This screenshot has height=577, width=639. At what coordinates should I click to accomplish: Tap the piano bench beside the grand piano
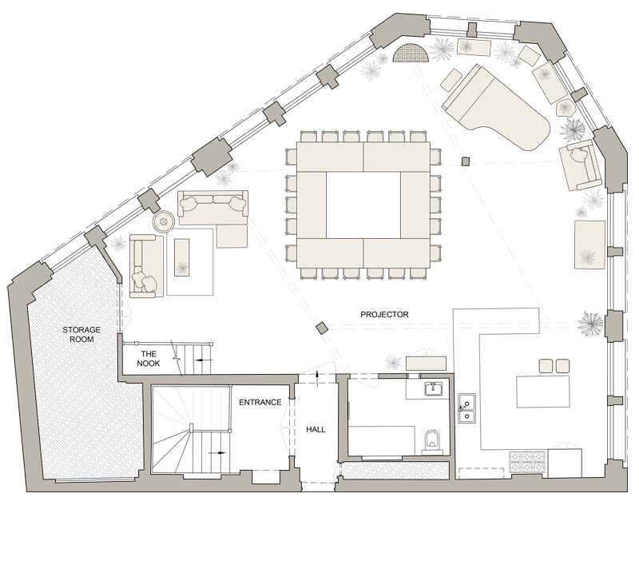click(x=450, y=78)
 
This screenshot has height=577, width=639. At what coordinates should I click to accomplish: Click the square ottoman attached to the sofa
click(x=232, y=235)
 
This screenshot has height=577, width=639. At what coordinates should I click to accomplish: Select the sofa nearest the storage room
click(x=146, y=266)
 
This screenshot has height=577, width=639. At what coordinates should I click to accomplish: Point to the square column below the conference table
click(x=321, y=328)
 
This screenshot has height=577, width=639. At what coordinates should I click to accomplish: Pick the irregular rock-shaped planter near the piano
click(x=566, y=109)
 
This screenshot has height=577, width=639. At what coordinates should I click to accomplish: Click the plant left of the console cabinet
click(x=393, y=362)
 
